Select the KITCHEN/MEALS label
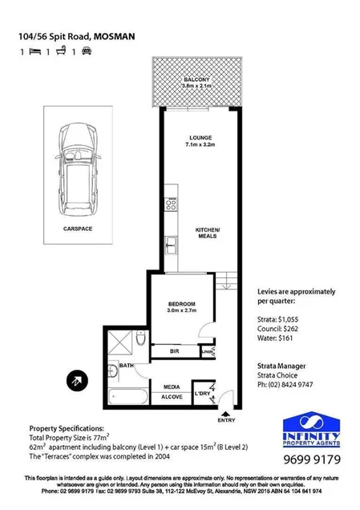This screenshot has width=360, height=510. click(208, 233)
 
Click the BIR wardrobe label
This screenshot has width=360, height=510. click(175, 350)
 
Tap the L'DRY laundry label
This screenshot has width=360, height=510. click(204, 395)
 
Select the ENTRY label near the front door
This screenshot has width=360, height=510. click(227, 420)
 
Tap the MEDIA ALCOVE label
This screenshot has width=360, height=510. click(172, 391)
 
